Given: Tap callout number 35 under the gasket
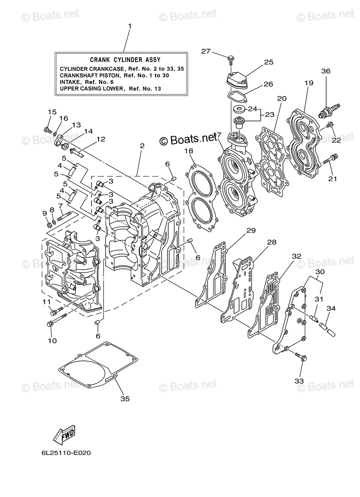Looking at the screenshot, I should pyautogui.click(x=125, y=398).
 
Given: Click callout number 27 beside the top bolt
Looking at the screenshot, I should pyautogui.click(x=206, y=51).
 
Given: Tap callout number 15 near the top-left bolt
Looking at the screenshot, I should pyautogui.click(x=52, y=112).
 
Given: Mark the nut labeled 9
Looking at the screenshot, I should pyautogui.click(x=48, y=225).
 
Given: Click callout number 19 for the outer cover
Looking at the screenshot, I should pyautogui.click(x=309, y=83).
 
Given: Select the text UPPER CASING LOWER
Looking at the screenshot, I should pyautogui.click(x=92, y=88).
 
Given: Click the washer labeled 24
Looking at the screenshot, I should pyautogui.click(x=239, y=109).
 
